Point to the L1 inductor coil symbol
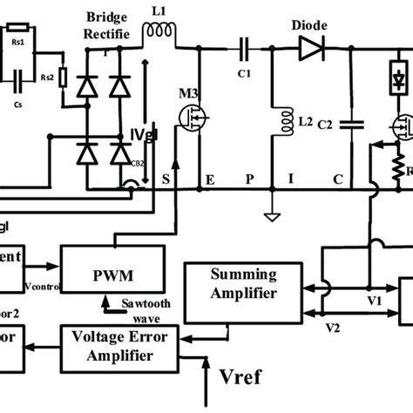tap(159, 31)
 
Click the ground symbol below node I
tap(273, 213)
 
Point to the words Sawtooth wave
tap(152, 309)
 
